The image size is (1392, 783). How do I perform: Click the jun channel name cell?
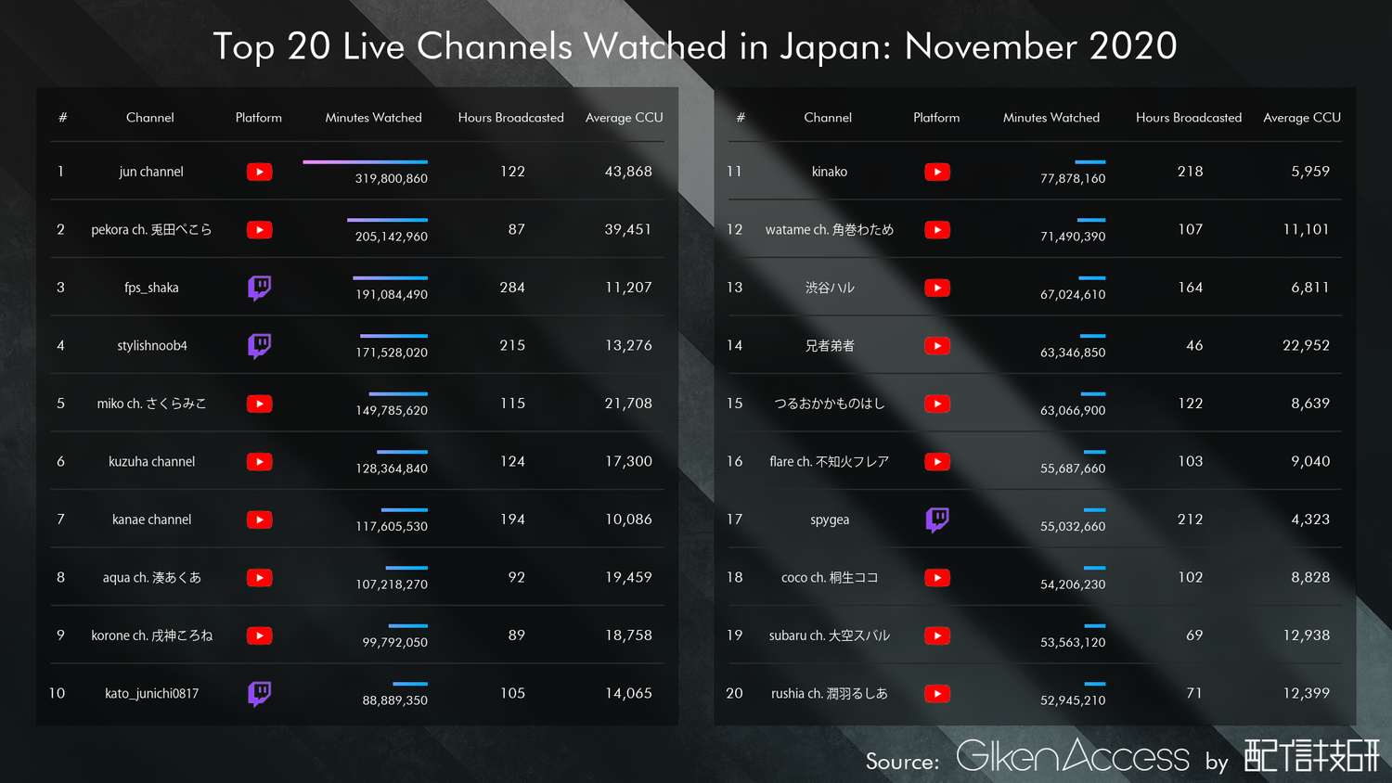point(151,172)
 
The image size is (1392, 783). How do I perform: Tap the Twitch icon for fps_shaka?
point(260,288)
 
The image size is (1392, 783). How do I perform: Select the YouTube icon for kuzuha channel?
point(260,462)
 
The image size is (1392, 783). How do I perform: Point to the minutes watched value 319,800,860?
point(391,178)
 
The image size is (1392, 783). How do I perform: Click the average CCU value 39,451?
point(628,229)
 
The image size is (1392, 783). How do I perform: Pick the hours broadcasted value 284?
point(512,288)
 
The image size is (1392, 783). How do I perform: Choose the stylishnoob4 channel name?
point(152,346)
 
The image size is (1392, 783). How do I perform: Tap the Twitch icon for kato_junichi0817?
point(260,693)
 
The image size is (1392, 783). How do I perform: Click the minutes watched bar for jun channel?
point(365,162)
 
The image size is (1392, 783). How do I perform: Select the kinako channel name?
point(830,172)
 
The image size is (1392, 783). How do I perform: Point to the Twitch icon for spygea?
point(937,520)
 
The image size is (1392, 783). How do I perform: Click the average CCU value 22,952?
point(1306,345)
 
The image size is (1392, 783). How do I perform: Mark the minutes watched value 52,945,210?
point(1073,700)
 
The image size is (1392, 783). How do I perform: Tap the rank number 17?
point(735,520)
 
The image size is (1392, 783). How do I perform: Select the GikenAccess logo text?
point(1072,757)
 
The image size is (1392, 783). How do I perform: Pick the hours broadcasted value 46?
point(1194,345)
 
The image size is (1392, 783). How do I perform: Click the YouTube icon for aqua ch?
point(260,578)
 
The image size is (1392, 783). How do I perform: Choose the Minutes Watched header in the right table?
point(1051,118)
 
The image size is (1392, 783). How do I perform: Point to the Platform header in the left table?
point(259,118)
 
